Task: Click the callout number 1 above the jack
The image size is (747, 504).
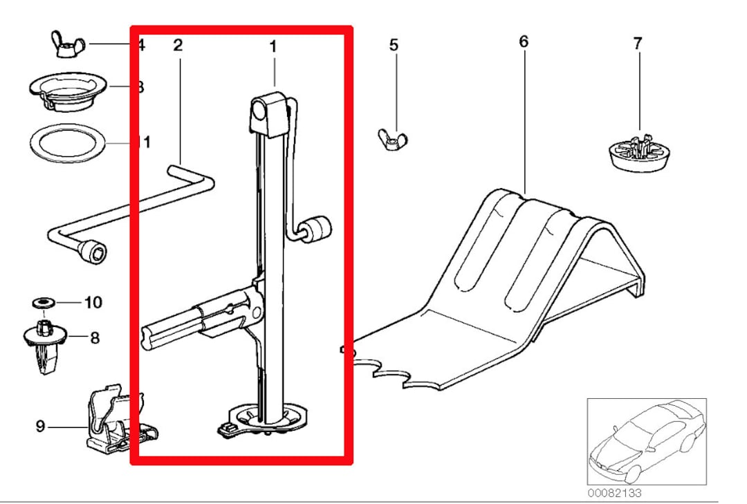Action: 273,47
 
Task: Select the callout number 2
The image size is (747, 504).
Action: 178,46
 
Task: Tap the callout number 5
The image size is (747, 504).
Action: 394,46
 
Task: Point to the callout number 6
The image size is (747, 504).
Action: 524,41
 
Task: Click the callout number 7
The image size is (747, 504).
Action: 637,43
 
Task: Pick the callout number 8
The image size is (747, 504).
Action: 95,338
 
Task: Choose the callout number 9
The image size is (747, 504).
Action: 40,427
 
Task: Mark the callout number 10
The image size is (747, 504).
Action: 93,302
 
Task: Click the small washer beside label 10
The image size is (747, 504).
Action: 46,303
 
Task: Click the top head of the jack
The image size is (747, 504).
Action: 268,113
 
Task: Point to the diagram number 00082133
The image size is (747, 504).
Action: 614,493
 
